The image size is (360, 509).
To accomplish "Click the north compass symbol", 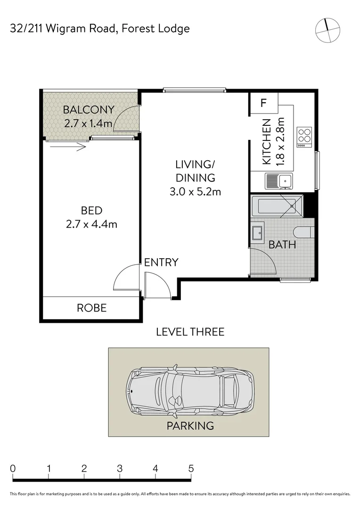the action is coord(328,30).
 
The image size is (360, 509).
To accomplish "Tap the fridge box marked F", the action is coord(263,103).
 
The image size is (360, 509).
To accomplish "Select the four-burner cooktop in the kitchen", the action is coord(304,137).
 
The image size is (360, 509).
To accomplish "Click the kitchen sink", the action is coord(279,181).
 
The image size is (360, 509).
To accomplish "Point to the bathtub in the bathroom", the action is coord(277,206).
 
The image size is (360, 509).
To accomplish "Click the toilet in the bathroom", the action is coord(304,232).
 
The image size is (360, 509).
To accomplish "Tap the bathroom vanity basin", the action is coord(258,232).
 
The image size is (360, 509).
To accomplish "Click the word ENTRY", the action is coord(161,263).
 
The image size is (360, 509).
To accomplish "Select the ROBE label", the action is coord(91,308).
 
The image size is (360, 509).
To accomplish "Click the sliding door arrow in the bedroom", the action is coord(68,147).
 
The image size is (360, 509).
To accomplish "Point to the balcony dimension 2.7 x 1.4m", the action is coord(88,123).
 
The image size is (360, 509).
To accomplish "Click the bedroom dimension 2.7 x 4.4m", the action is coord(91,224).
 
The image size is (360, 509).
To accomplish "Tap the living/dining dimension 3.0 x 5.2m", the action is coord(195,191).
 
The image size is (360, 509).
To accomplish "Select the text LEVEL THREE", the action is coord(190,332).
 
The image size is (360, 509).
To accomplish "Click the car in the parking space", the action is coord(190,392).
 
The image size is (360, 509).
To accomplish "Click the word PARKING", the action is coord(190,426).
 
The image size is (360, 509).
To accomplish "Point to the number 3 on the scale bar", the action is coord(120,468).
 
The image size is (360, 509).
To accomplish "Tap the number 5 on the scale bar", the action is coord(191,468).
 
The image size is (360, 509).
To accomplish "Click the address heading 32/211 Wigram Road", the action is coord(63,29).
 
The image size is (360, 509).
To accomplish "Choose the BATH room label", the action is coord(282,245).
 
